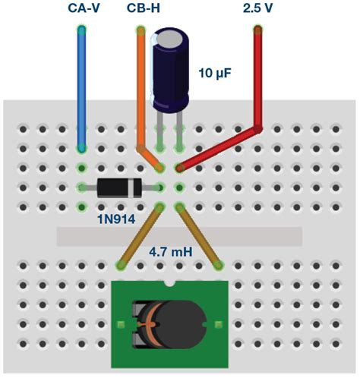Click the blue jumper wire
click(x=81, y=91)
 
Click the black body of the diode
click(x=118, y=187)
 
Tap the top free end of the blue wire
click(x=81, y=31)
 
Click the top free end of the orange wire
click(x=141, y=31)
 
